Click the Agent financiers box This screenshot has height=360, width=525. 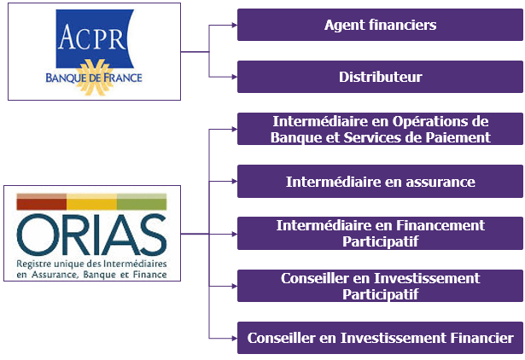[380, 25]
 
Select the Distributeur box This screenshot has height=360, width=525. [380, 77]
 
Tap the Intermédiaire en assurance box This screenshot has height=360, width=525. [380, 181]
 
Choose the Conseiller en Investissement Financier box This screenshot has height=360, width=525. [380, 338]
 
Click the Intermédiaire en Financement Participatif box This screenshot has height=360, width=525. [380, 233]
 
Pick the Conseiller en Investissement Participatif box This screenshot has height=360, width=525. [380, 286]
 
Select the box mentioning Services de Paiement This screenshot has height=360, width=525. [380, 129]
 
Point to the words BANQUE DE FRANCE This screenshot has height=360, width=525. [94, 78]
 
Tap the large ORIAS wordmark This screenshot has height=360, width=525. [91, 235]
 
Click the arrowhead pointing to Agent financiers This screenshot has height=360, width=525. [235, 25]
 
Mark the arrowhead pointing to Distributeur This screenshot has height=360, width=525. [235, 77]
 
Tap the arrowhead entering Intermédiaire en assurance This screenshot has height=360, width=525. [235, 182]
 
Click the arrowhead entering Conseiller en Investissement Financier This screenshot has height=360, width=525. [235, 339]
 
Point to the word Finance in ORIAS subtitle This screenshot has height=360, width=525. [149, 275]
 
